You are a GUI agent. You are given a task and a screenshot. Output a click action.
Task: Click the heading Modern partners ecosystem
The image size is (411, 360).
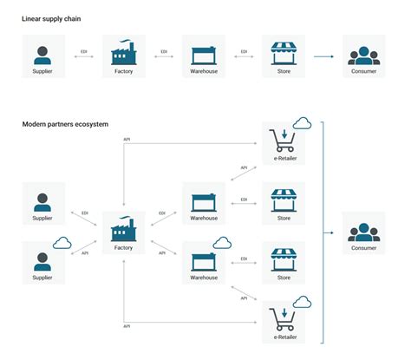click(65, 125)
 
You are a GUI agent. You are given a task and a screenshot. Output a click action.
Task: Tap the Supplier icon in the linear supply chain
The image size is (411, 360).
click(42, 53)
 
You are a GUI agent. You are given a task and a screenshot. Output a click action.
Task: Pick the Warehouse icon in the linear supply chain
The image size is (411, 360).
click(204, 54)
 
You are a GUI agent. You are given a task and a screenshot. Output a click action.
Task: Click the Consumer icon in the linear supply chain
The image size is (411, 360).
click(365, 55)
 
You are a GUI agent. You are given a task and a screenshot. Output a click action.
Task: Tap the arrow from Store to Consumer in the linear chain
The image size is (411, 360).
click(323, 57)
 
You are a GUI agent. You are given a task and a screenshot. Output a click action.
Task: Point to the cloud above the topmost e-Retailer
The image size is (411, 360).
click(303, 122)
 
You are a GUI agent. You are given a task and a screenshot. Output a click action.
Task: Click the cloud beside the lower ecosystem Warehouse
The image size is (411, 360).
click(221, 242)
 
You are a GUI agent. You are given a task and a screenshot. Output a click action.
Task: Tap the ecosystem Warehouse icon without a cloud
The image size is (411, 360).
click(204, 201)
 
